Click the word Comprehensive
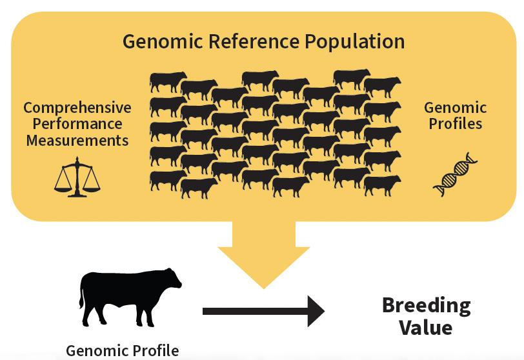tap(77, 108)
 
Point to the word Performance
tap(77, 123)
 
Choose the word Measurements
tap(77, 139)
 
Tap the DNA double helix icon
tap(456, 174)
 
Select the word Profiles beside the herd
tap(456, 123)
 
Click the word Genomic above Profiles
tap(456, 108)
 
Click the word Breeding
tap(426, 305)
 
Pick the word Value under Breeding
tap(426, 327)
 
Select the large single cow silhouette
tap(129, 297)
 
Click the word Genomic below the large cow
tap(93, 351)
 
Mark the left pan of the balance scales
tap(63, 186)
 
